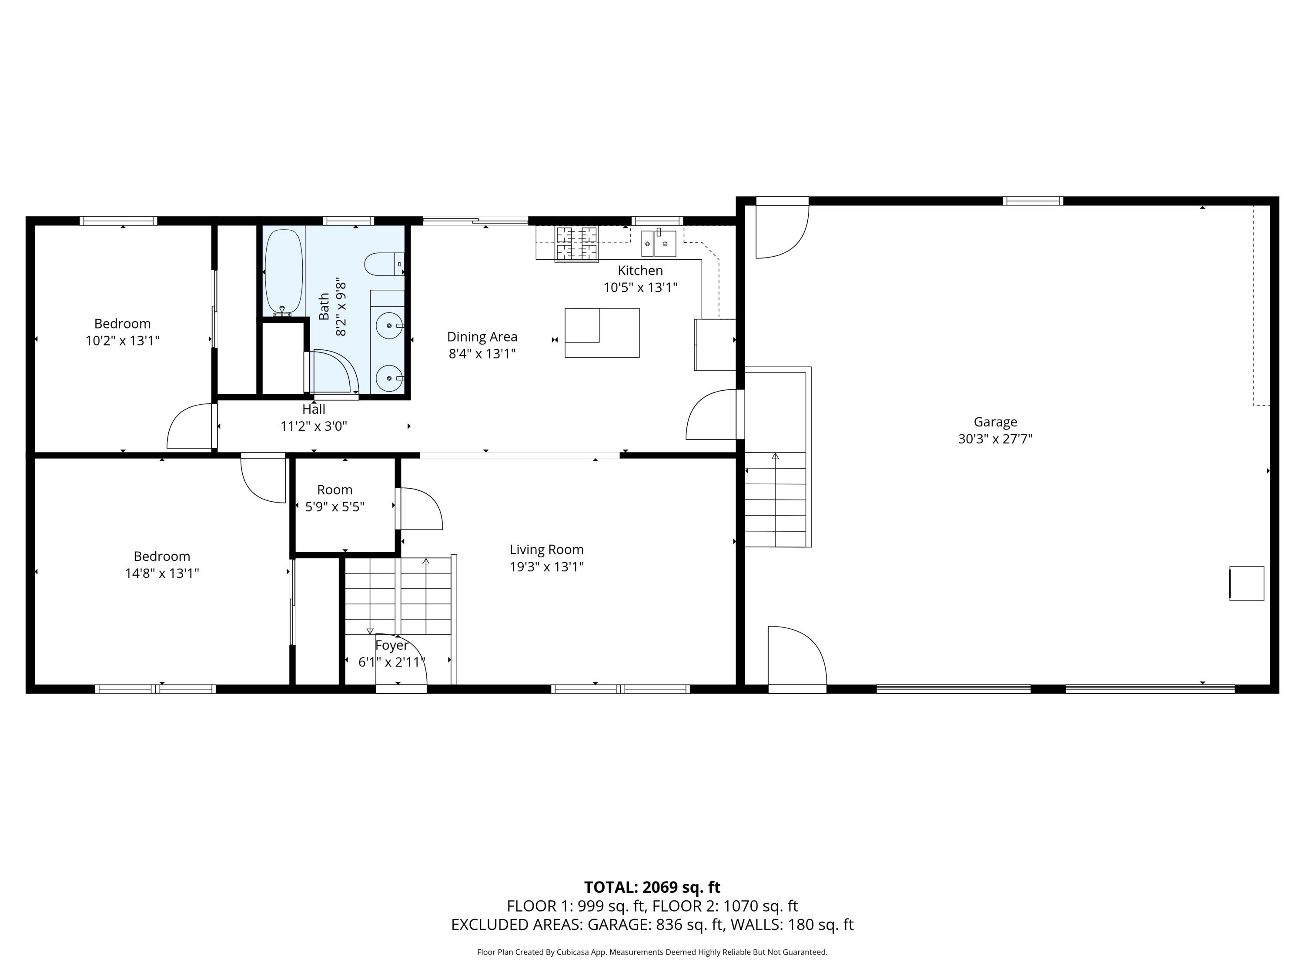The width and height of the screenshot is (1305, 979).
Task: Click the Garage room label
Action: click(995, 422)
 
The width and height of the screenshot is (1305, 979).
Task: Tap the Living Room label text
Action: click(547, 550)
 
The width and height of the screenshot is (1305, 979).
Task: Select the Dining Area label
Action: click(482, 337)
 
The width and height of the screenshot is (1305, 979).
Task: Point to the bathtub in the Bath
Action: click(284, 272)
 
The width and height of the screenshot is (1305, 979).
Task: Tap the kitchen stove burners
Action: click(576, 243)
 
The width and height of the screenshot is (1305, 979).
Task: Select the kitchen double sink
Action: click(659, 243)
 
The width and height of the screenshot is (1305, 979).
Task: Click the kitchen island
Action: click(602, 333)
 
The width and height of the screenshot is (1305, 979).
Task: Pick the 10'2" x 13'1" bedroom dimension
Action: click(123, 341)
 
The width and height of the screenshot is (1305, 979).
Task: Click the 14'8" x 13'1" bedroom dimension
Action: click(162, 573)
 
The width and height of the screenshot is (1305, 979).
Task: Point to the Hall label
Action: click(314, 409)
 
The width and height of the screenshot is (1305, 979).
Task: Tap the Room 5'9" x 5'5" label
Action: click(335, 498)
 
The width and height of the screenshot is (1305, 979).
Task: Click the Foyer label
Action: click(392, 646)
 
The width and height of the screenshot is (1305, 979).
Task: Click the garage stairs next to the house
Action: click(775, 499)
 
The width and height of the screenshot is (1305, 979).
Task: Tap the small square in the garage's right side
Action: click(1247, 583)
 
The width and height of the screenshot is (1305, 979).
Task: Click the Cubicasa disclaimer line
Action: click(652, 952)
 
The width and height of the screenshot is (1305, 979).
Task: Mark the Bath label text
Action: click(324, 307)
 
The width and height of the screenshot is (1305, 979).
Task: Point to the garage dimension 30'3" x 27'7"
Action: click(995, 439)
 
